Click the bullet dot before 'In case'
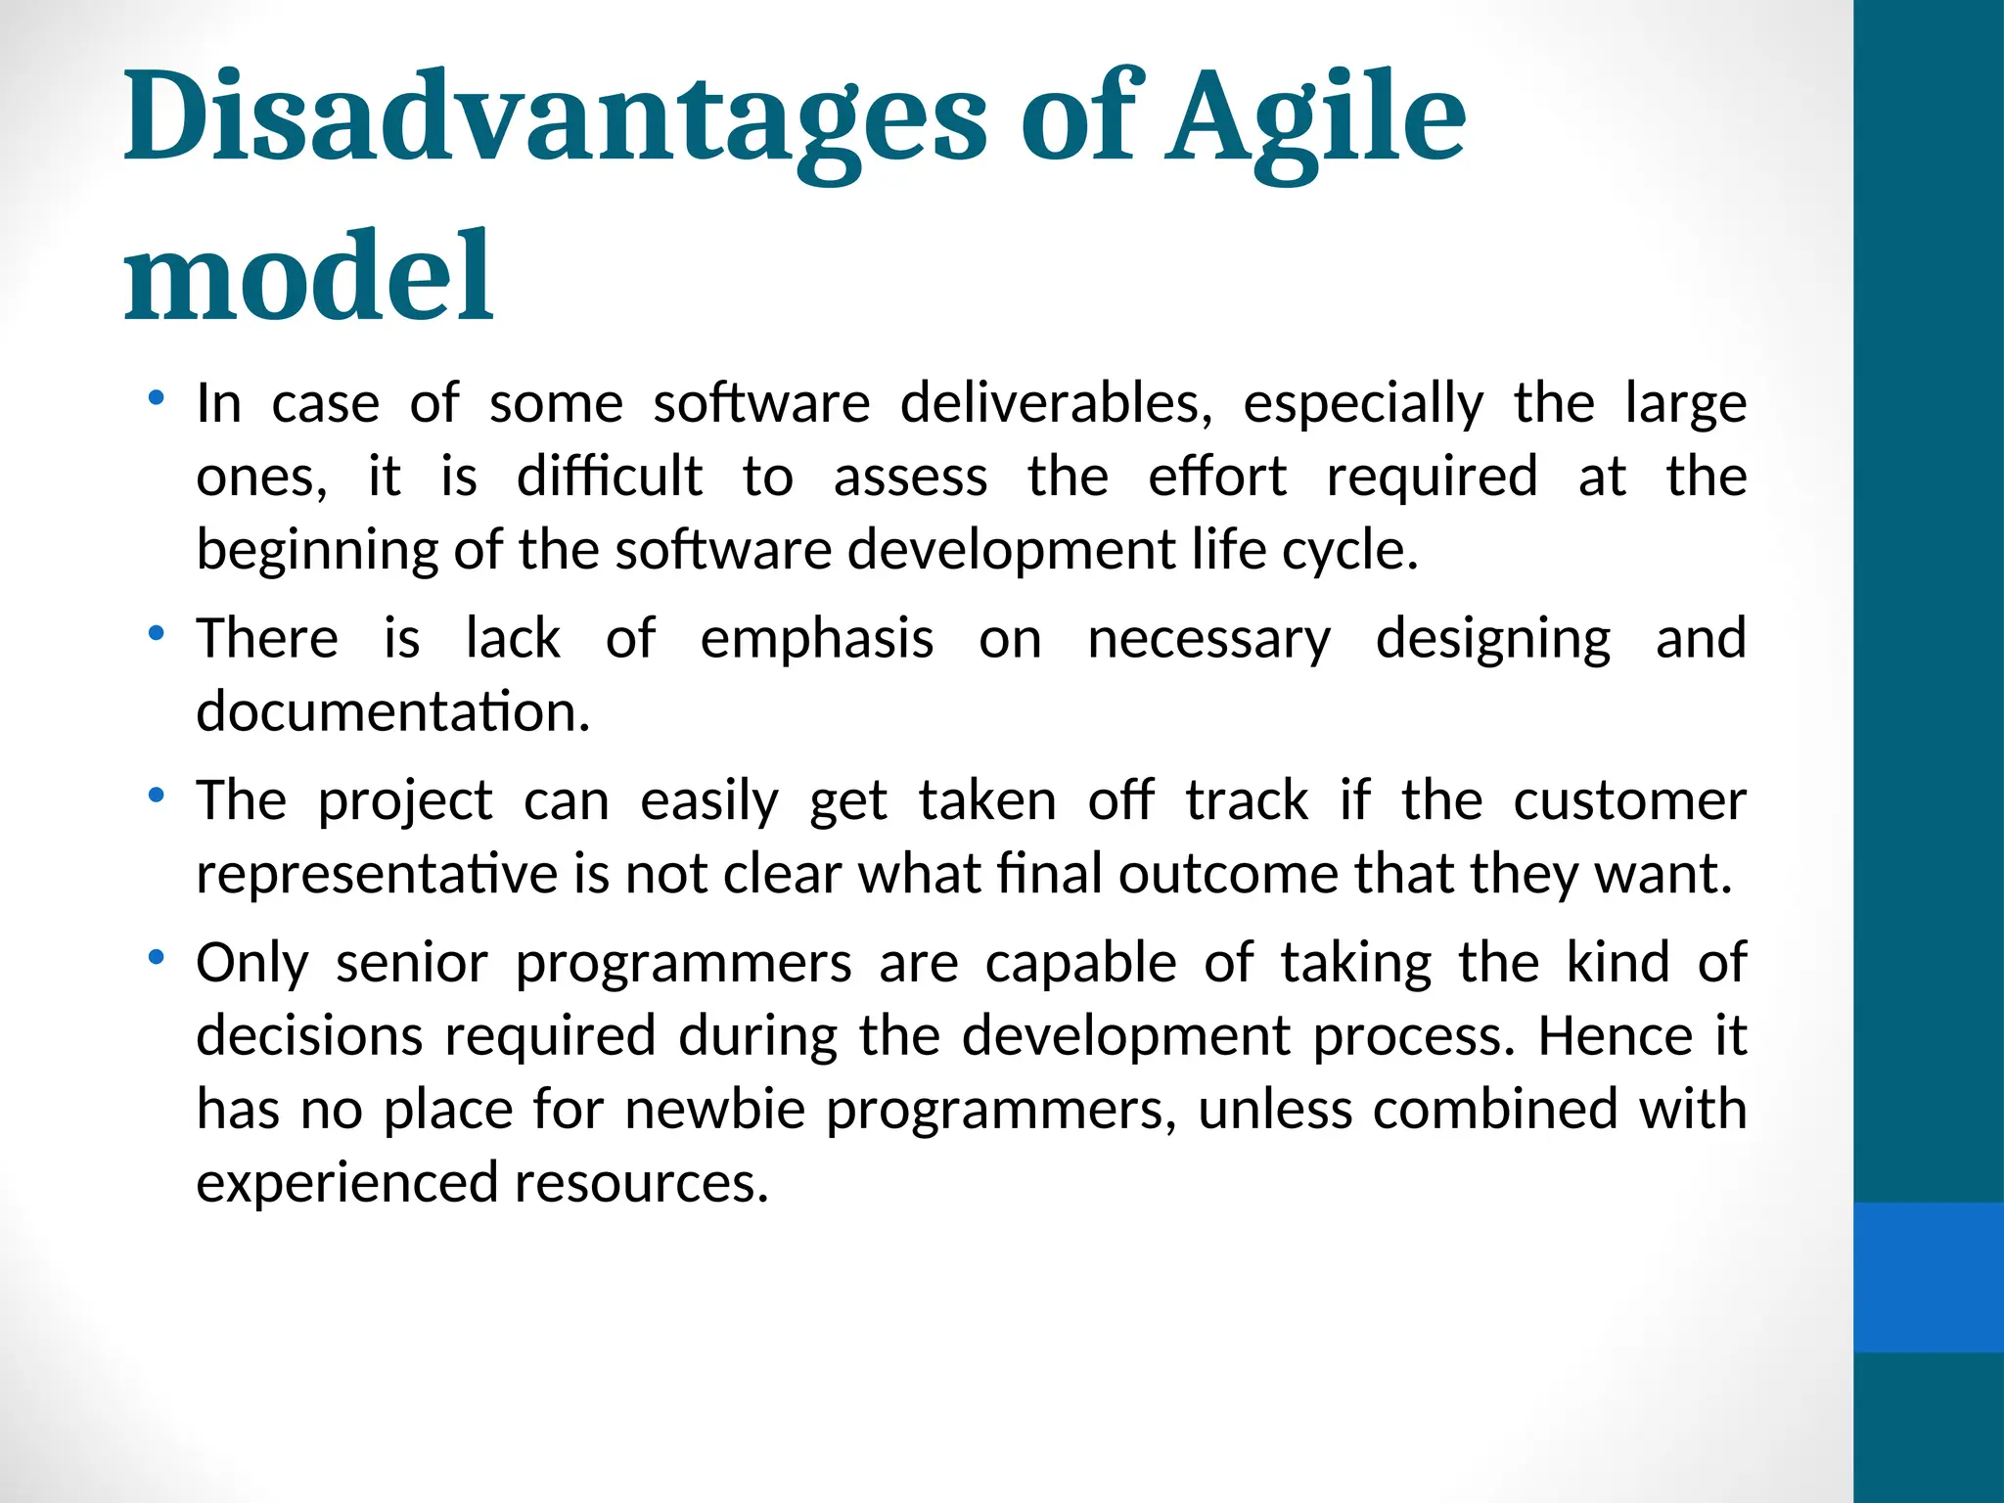155,398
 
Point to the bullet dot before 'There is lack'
155,634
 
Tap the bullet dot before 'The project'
155,796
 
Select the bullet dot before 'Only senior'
155,958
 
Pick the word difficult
609,477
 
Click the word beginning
317,550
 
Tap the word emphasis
817,639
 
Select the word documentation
392,711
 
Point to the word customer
1629,800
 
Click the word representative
376,874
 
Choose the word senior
411,963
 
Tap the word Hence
1615,1035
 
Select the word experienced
347,1183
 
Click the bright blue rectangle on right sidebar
1928,1278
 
